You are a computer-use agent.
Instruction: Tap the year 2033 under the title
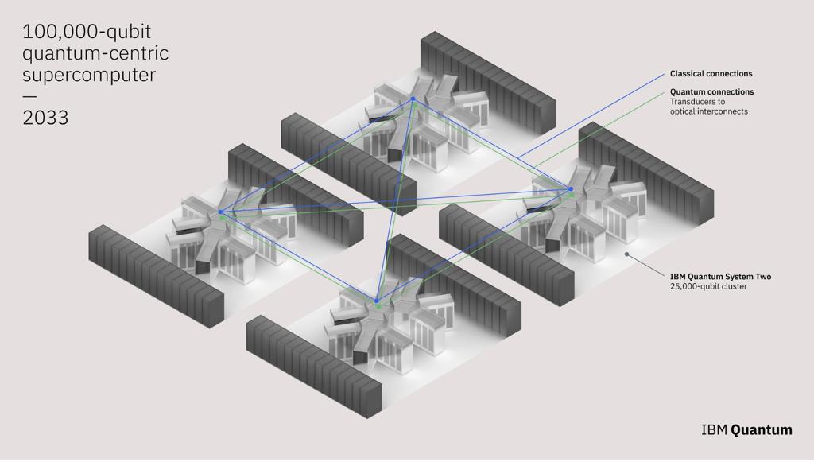(x=45, y=118)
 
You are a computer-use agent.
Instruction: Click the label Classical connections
(x=711, y=74)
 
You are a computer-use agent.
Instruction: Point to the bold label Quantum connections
(x=711, y=92)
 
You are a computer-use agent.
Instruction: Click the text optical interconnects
(x=709, y=111)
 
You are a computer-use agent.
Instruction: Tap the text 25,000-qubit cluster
(x=708, y=286)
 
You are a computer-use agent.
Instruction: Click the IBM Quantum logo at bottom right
(x=746, y=430)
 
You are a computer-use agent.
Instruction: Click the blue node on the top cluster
(x=413, y=99)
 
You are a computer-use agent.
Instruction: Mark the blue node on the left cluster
(x=220, y=212)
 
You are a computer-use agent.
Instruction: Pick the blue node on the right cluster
(x=571, y=189)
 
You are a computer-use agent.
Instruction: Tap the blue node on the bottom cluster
(x=376, y=301)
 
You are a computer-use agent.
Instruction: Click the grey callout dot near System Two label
(x=626, y=255)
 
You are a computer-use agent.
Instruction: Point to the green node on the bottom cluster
(x=378, y=307)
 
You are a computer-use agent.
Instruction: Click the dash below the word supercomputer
(x=29, y=96)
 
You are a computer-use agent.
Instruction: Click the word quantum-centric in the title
(x=95, y=54)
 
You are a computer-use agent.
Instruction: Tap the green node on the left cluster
(x=223, y=218)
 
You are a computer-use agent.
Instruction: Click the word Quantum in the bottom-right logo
(x=762, y=430)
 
